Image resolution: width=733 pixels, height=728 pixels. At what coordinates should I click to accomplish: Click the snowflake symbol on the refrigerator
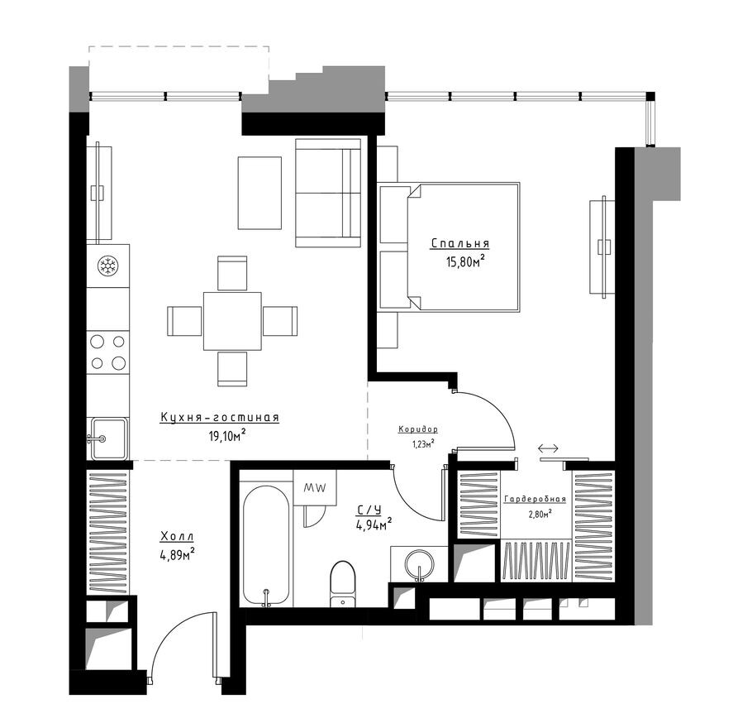pyautogui.click(x=108, y=266)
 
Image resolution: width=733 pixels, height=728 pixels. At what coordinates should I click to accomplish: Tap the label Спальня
pyautogui.click(x=460, y=244)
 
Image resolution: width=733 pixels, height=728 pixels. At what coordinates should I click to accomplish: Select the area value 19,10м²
pyautogui.click(x=227, y=436)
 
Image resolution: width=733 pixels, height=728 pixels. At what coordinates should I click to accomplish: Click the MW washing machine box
pyautogui.click(x=315, y=487)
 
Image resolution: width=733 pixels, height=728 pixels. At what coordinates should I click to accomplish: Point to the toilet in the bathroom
pyautogui.click(x=343, y=584)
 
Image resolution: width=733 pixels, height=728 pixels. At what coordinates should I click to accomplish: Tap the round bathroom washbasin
pyautogui.click(x=419, y=564)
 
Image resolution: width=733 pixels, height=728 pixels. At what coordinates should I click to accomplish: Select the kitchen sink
pyautogui.click(x=108, y=438)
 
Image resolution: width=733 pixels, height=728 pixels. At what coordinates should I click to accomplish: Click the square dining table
pyautogui.click(x=232, y=321)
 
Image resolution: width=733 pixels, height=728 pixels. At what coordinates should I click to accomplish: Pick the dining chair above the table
pyautogui.click(x=232, y=273)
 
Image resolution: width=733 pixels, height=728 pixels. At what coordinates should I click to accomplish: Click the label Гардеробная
pyautogui.click(x=535, y=499)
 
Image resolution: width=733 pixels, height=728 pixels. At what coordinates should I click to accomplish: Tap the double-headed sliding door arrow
pyautogui.click(x=548, y=448)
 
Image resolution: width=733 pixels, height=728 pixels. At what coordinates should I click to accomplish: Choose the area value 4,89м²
pyautogui.click(x=177, y=555)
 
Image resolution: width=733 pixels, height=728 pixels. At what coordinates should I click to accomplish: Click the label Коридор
pyautogui.click(x=418, y=429)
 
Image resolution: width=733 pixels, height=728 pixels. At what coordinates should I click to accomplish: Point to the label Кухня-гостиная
pyautogui.click(x=220, y=417)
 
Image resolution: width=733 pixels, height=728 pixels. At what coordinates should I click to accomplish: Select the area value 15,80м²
pyautogui.click(x=464, y=261)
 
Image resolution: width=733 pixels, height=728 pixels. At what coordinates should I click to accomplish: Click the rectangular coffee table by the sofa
pyautogui.click(x=259, y=193)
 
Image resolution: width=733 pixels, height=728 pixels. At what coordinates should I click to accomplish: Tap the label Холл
pyautogui.click(x=177, y=536)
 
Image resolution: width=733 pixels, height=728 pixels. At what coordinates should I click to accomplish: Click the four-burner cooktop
pyautogui.click(x=108, y=352)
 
